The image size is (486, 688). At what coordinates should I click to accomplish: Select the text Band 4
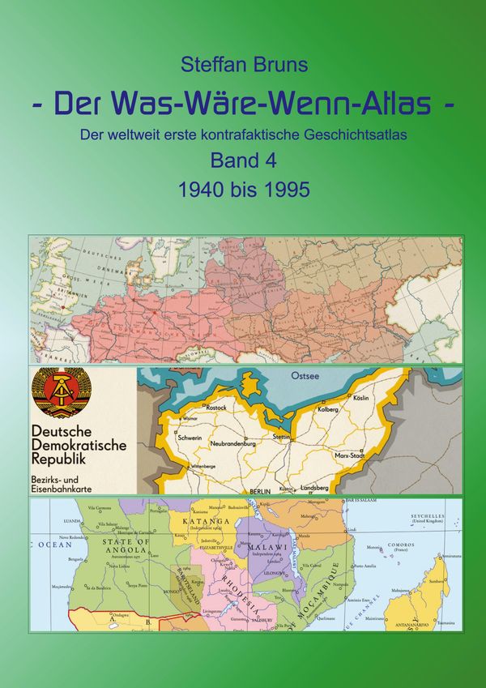243,161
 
